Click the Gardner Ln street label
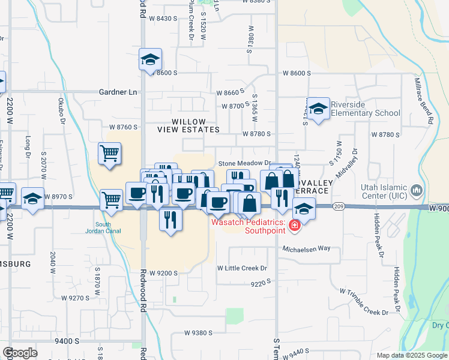pos(118,92)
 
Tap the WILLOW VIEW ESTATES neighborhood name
pos(188,125)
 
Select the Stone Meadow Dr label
pos(245,163)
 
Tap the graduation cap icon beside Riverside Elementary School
pos(319,109)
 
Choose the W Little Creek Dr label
pos(242,268)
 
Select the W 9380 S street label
pos(199,332)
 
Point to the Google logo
pos(20,353)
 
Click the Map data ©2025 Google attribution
pos(411,355)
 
